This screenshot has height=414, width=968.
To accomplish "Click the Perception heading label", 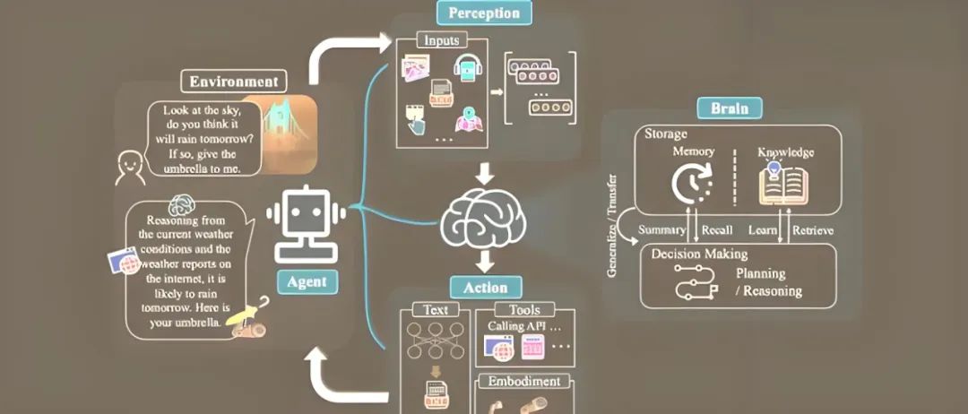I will coord(484,13).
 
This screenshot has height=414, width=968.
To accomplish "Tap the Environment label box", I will coord(233,82).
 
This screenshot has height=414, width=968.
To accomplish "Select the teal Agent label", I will coord(307,281).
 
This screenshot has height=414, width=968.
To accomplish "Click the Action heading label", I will coord(485,288).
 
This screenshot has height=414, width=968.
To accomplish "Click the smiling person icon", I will coord(131,167).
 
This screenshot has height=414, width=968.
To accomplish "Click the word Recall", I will coord(717,230).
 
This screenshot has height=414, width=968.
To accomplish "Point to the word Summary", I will coord(662,230).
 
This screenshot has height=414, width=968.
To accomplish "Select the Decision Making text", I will coord(699,254).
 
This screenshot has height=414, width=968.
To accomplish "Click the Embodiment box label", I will coord(524,381).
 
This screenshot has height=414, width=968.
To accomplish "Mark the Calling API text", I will coord(517,326).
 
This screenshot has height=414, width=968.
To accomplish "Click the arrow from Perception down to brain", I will coord(484,173).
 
